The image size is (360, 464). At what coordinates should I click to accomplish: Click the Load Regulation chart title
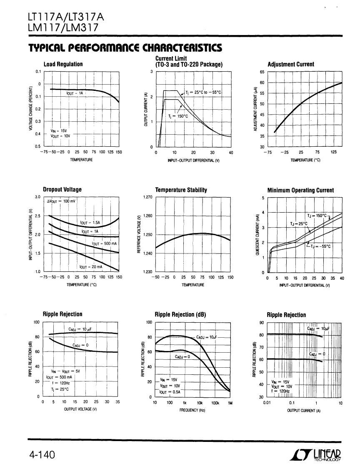(x=63, y=64)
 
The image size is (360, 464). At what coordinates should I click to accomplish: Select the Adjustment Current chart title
(x=291, y=64)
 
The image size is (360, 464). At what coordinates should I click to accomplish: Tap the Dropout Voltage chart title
(x=62, y=189)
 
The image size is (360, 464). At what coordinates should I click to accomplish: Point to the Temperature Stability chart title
(x=181, y=190)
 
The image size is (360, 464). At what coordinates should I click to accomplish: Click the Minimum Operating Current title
(x=300, y=190)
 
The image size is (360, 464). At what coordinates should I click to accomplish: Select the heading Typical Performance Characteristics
(x=125, y=48)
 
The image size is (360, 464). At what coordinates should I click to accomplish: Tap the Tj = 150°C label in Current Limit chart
(x=178, y=116)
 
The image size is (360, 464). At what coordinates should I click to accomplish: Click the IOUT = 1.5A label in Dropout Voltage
(x=90, y=223)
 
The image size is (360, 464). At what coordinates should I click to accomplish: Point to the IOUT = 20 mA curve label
(x=91, y=267)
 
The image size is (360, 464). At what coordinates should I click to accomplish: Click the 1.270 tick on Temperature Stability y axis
(x=147, y=197)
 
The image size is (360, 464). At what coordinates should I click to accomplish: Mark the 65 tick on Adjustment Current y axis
(x=262, y=72)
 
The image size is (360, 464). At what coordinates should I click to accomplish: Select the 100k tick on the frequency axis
(x=215, y=403)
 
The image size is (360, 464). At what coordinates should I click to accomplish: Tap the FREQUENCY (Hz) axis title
(x=192, y=410)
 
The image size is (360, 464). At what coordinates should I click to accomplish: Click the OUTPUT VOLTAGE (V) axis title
(x=80, y=409)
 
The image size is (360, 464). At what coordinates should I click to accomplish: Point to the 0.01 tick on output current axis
(x=267, y=403)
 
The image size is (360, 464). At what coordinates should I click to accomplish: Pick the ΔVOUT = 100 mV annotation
(x=61, y=201)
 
